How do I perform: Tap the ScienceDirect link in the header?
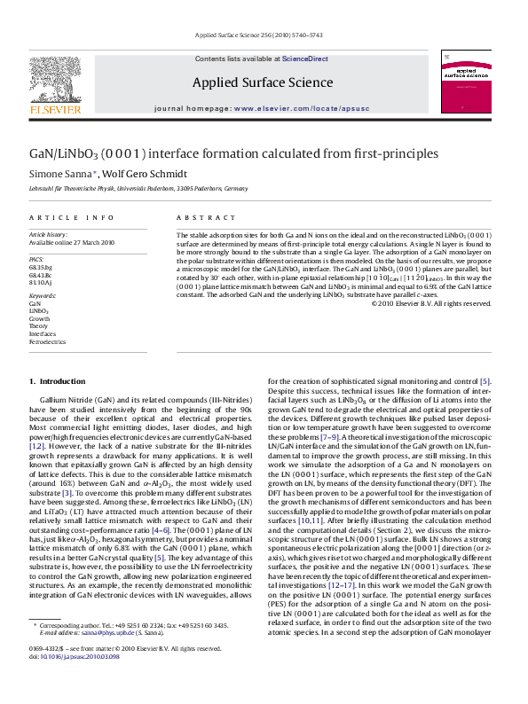pos(304,59)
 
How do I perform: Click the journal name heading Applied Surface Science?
pos(263,83)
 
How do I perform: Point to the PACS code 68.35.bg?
pos(41,266)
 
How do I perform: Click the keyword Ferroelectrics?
pos(47,340)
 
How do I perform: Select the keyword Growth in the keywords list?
pos(39,318)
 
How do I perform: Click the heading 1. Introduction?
pos(57,381)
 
